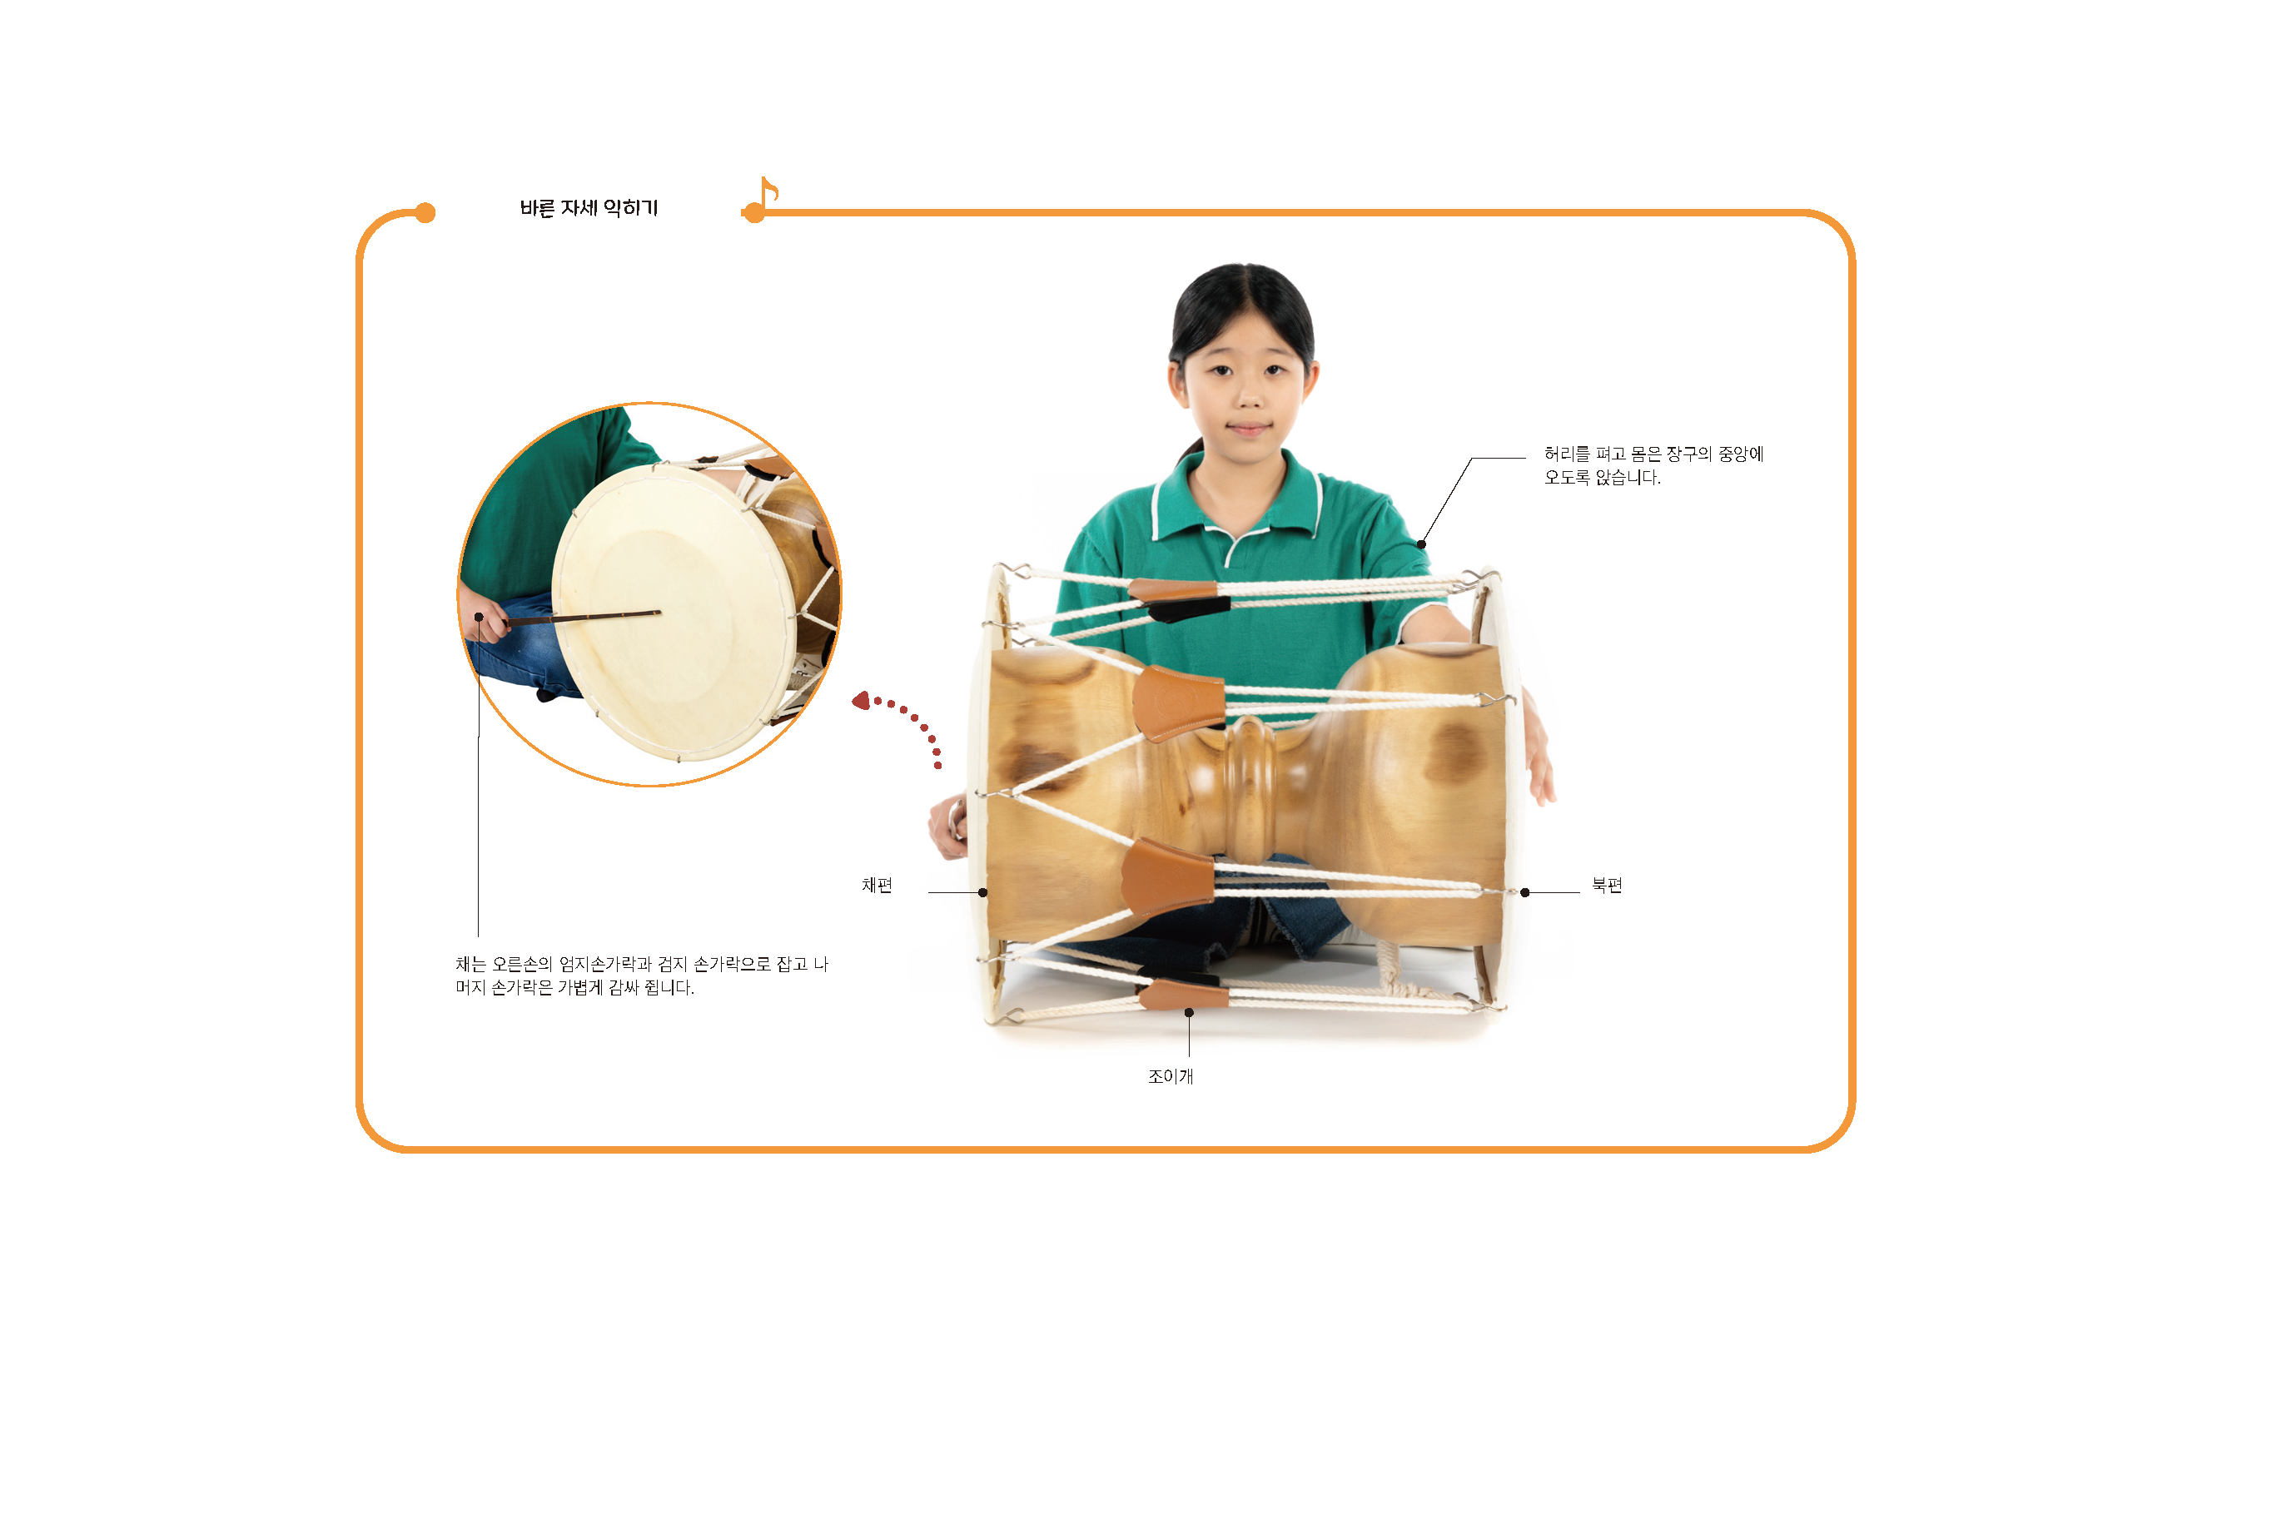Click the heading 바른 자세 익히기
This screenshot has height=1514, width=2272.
click(588, 207)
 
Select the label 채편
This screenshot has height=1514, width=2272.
click(877, 885)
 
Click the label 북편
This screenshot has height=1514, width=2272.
click(1607, 885)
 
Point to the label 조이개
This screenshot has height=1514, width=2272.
click(1171, 1075)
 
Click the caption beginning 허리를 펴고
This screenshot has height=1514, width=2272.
click(1653, 464)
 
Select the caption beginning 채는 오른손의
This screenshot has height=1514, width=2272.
click(642, 975)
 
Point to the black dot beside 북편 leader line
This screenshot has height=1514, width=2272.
click(1524, 892)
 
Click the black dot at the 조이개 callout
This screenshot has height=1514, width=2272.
click(1189, 1013)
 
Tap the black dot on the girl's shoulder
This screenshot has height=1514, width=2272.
click(1421, 544)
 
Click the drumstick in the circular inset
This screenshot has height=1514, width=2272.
click(582, 617)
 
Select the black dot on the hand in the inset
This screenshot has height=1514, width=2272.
click(478, 617)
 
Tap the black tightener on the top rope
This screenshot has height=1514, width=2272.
click(1189, 608)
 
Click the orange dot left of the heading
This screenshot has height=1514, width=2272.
click(425, 212)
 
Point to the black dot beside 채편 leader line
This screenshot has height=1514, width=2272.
click(983, 892)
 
